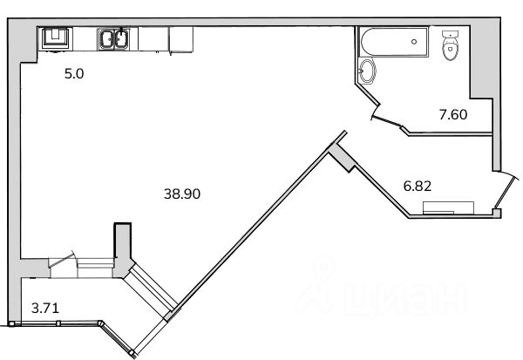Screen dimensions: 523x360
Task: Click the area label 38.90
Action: pyautogui.click(x=182, y=194)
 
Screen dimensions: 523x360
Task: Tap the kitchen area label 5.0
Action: pyautogui.click(x=74, y=74)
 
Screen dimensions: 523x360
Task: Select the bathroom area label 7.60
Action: pyautogui.click(x=453, y=115)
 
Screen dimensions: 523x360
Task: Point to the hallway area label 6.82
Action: pyautogui.click(x=418, y=186)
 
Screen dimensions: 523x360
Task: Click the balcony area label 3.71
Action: pyautogui.click(x=45, y=308)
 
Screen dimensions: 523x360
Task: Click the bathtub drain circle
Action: pyautogui.click(x=414, y=42)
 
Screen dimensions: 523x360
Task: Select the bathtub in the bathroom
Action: pyautogui.click(x=394, y=42)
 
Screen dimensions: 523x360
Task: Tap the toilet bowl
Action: pyautogui.click(x=450, y=50)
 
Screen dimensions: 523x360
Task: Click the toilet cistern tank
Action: pyautogui.click(x=451, y=34)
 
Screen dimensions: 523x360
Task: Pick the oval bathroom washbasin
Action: pyautogui.click(x=367, y=71)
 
